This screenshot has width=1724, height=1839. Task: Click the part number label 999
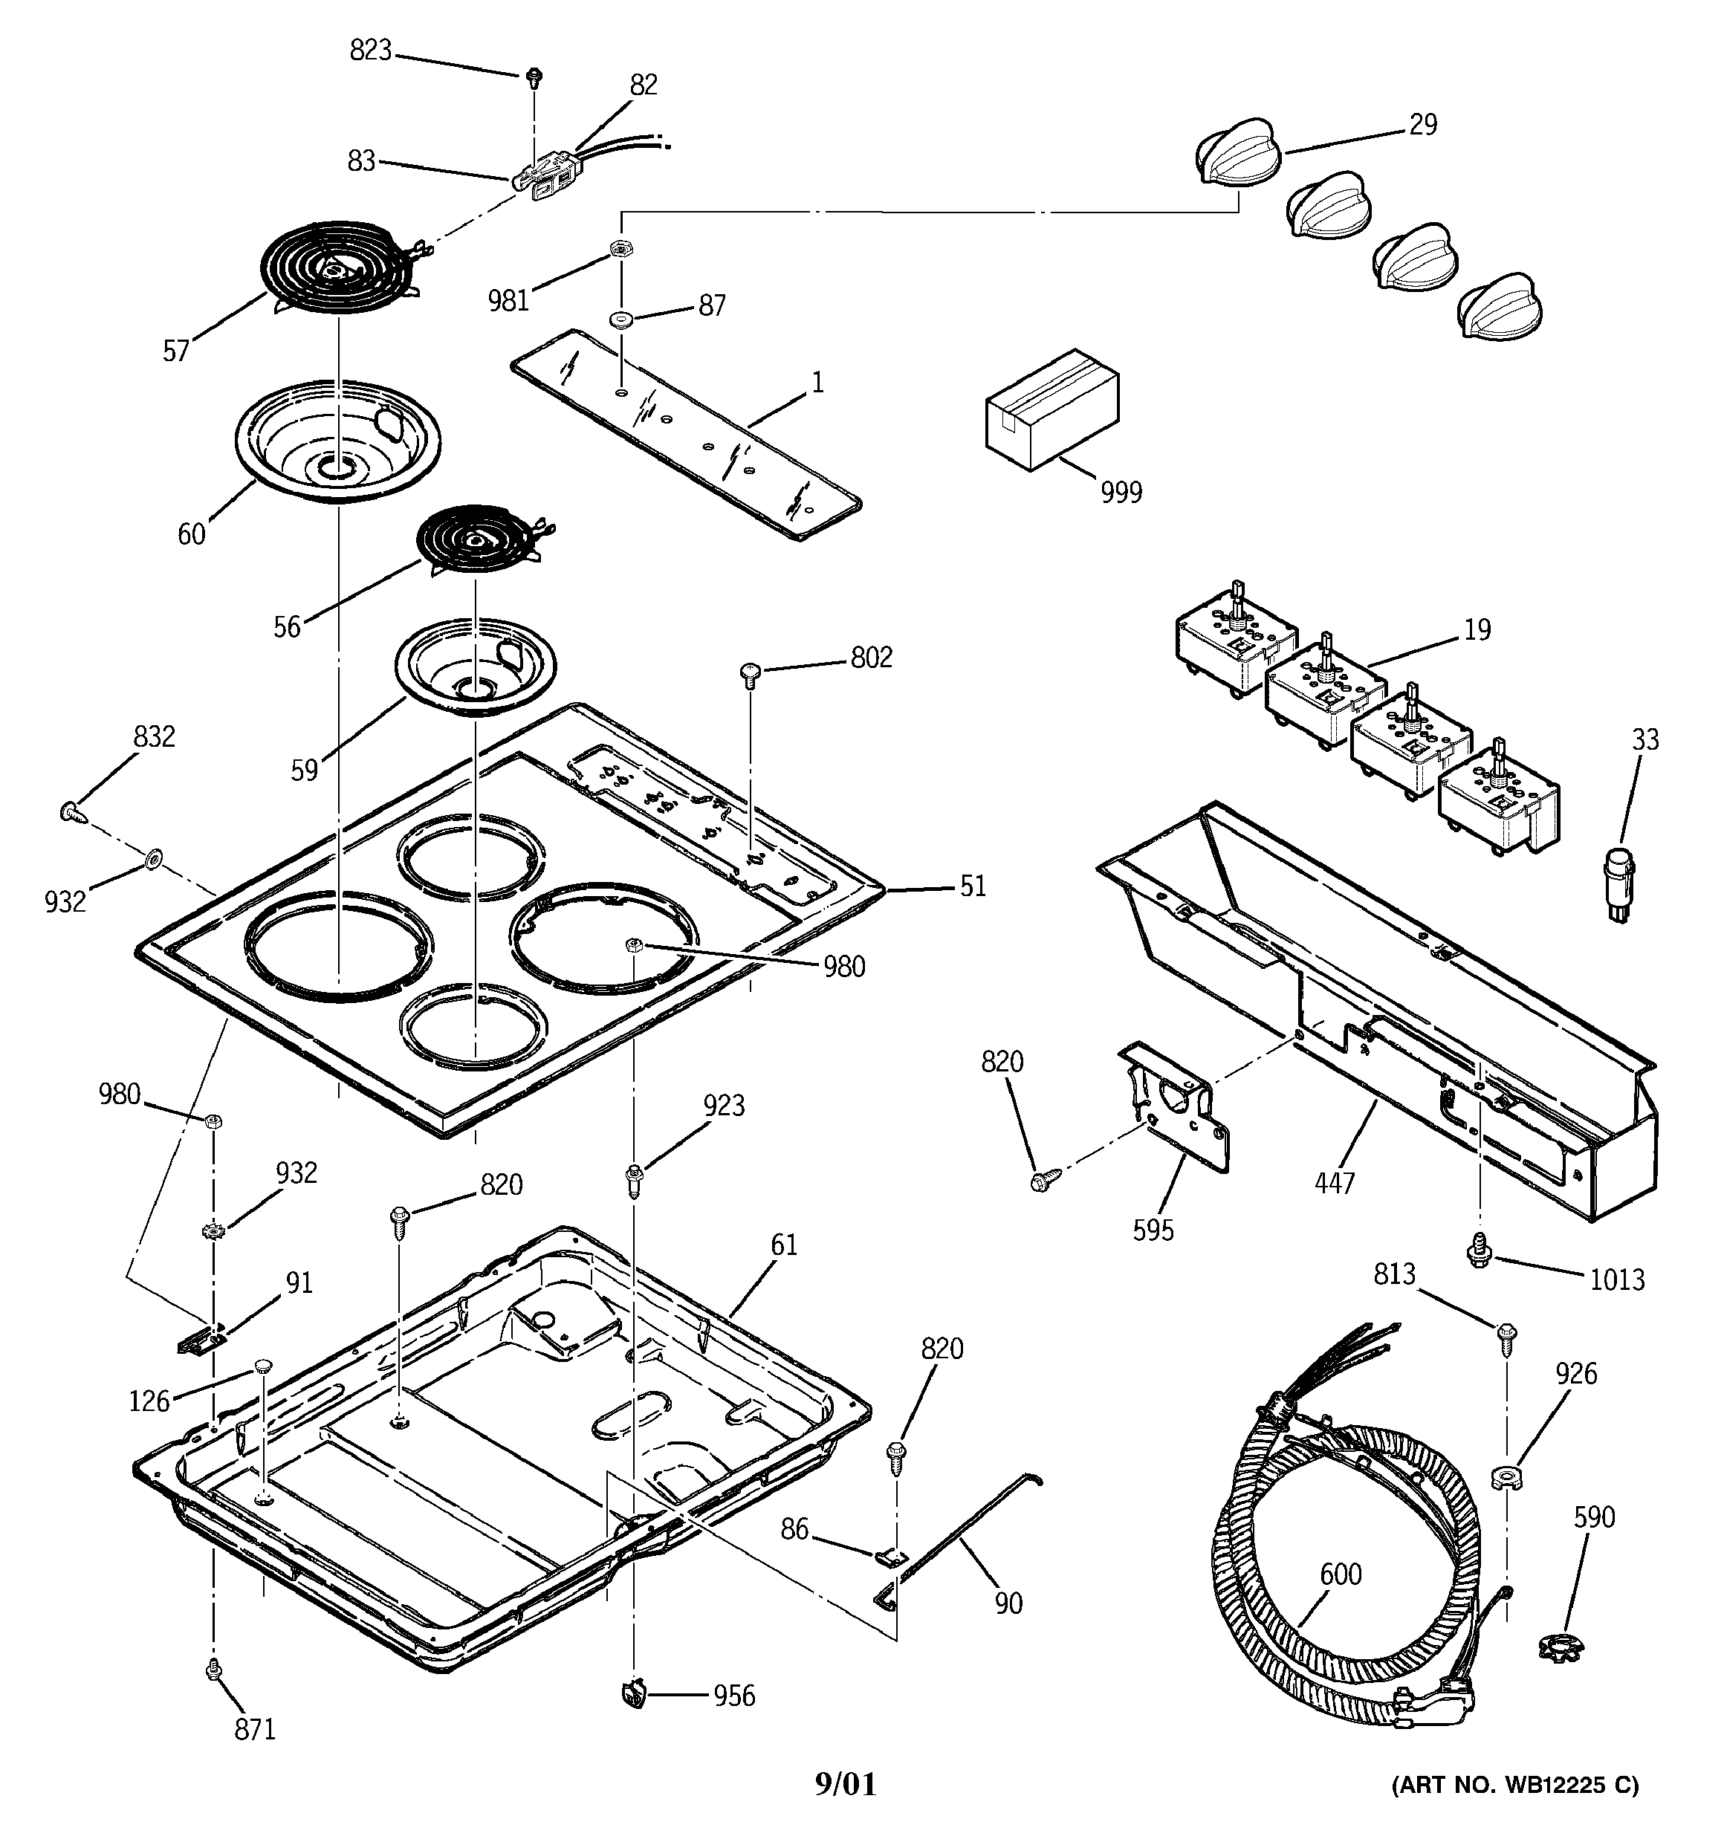click(1121, 492)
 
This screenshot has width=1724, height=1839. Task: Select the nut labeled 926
click(1508, 1476)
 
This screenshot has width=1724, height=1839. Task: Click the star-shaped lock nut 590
click(1557, 1647)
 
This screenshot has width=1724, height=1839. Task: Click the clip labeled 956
click(633, 1694)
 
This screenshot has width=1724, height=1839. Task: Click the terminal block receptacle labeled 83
click(543, 176)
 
